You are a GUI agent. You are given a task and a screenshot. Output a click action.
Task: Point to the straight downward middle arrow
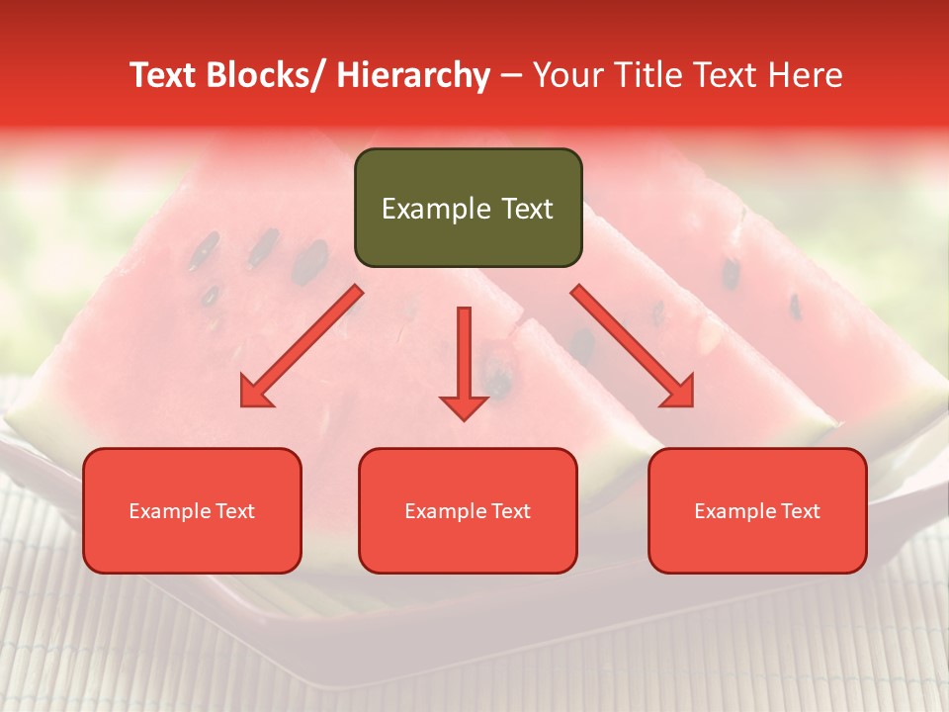pyautogui.click(x=464, y=356)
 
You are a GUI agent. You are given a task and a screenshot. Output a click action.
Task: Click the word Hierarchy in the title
pyautogui.click(x=413, y=75)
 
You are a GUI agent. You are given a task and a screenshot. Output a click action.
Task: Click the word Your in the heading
pyautogui.click(x=566, y=75)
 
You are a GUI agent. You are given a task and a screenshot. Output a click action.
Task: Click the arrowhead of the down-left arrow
pyautogui.click(x=255, y=393)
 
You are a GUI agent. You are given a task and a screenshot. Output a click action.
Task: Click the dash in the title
pyautogui.click(x=511, y=75)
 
